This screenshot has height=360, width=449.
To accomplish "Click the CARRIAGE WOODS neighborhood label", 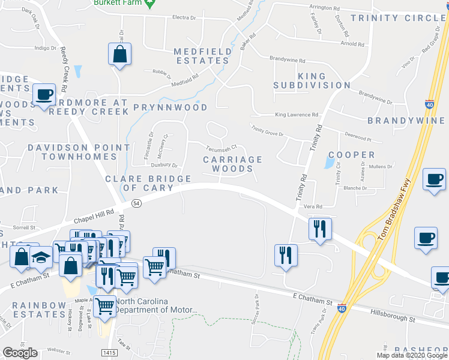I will coord(232,164).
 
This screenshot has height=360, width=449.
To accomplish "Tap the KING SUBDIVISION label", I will coord(312,81).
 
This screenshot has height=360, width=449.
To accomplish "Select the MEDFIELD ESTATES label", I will coord(202,56).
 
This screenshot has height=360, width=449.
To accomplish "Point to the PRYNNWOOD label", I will coord(170,107).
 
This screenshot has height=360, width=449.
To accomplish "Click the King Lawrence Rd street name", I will coord(296,115).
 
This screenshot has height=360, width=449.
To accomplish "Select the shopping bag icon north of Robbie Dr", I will coord(120,55).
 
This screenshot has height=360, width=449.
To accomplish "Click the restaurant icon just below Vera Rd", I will coord(319,229).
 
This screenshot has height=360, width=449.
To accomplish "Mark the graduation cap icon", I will coord(40,257).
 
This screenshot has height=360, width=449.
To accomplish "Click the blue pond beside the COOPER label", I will coord(329,161).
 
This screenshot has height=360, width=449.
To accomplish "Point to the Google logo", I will coord(20,353).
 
